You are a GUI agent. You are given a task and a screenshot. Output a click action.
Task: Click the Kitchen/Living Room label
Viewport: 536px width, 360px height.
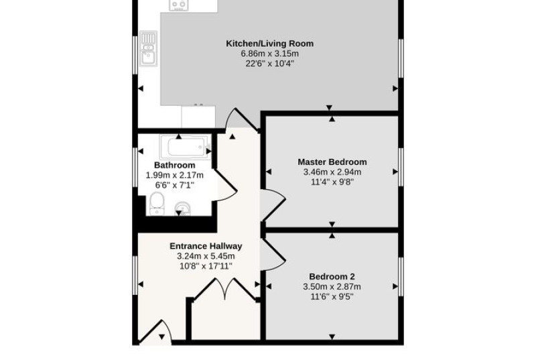pyautogui.click(x=270, y=44)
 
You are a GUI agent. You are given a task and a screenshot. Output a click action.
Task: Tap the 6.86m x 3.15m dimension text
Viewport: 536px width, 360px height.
pyautogui.click(x=270, y=54)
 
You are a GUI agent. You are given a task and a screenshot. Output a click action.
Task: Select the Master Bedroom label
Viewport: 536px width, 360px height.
pyautogui.click(x=332, y=162)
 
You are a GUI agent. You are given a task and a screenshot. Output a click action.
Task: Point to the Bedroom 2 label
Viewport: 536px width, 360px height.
pyautogui.click(x=332, y=277)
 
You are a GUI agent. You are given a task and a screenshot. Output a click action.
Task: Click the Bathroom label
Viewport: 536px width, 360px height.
pyautogui.click(x=175, y=166)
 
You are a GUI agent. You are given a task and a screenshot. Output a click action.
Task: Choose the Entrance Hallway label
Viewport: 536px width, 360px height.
pyautogui.click(x=206, y=246)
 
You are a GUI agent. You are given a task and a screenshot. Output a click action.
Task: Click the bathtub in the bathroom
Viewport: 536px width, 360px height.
pyautogui.click(x=186, y=147)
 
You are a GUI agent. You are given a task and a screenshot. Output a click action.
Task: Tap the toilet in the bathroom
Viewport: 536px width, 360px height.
pyautogui.click(x=157, y=204)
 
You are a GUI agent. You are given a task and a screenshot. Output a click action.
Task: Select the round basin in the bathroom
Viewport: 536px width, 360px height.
pyautogui.click(x=182, y=208)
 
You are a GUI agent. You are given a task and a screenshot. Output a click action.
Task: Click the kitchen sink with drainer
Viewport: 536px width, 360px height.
pyautogui.click(x=148, y=48)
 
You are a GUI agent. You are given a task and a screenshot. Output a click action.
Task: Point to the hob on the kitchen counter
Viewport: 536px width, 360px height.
pyautogui.click(x=179, y=5)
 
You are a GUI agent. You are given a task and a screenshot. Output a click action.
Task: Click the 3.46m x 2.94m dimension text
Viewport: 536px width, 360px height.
pyautogui.click(x=332, y=172)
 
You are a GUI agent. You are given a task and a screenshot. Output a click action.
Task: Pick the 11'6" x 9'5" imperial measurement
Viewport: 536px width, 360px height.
pyautogui.click(x=332, y=297)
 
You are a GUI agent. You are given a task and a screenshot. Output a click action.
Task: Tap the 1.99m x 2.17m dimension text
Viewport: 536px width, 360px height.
pyautogui.click(x=175, y=176)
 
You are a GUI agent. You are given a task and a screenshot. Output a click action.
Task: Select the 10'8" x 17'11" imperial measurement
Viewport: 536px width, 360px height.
pyautogui.click(x=206, y=266)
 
